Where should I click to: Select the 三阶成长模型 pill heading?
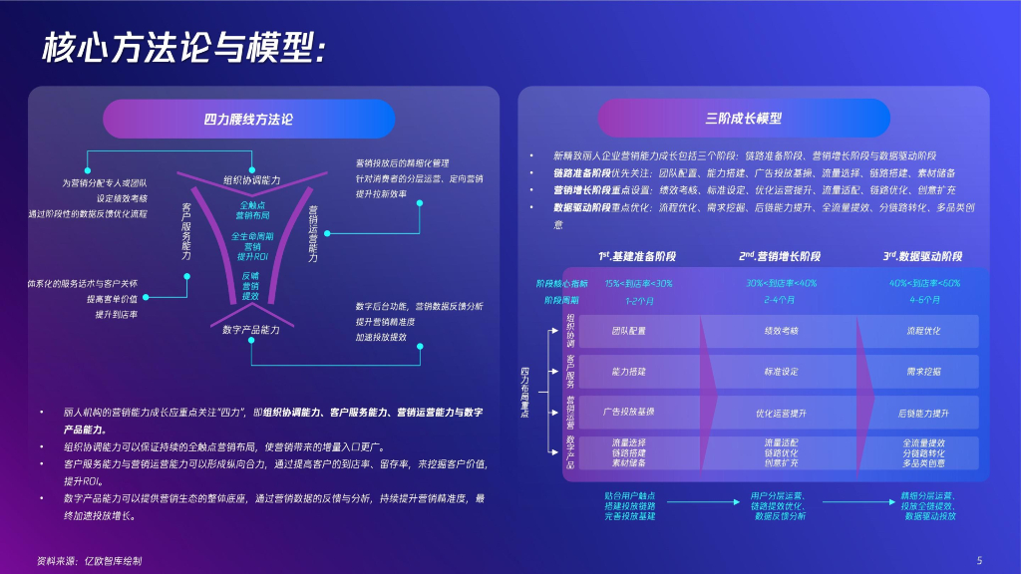click(743, 119)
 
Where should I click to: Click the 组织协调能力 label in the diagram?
click(252, 180)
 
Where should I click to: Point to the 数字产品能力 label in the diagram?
click(251, 329)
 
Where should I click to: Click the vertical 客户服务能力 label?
click(186, 231)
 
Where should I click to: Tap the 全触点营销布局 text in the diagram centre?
click(251, 209)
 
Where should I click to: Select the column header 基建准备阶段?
click(637, 256)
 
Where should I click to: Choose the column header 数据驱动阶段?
click(923, 256)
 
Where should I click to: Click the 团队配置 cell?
click(628, 330)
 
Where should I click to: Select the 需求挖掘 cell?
click(923, 371)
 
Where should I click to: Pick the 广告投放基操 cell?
click(628, 411)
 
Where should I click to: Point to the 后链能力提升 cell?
click(923, 412)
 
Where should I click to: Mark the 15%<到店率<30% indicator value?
click(638, 283)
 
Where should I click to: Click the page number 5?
click(979, 559)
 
